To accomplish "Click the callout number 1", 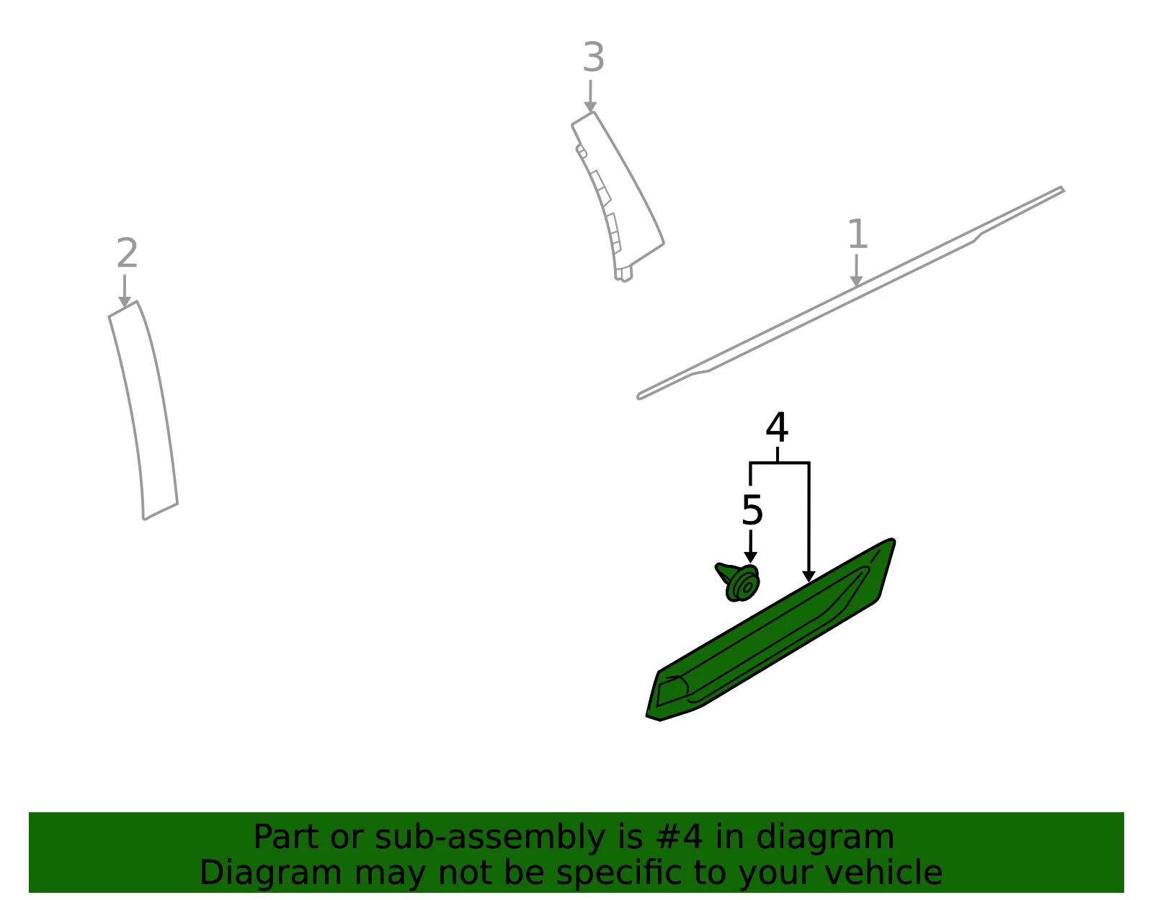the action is coord(857,233).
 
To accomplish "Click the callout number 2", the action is coord(128,253).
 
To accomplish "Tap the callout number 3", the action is coord(593,57).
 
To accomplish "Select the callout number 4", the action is coord(777,427).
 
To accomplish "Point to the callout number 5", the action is coord(752,510).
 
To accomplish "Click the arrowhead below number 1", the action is coord(856,282).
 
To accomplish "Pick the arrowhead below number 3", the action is coord(591,107).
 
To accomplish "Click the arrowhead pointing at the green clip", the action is coord(750,558).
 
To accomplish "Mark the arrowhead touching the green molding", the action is coord(809,576).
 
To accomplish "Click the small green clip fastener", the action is coord(739,582).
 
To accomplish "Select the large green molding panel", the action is coord(770,630).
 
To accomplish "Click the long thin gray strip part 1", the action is coord(850,293).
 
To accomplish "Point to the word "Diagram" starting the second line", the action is coord(271,874).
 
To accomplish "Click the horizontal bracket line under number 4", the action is coord(780,463).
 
